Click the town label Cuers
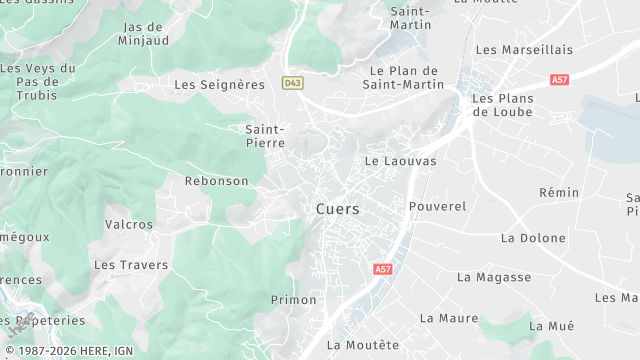tap(337, 209)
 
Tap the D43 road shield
tap(292, 83)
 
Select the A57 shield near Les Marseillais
tap(559, 79)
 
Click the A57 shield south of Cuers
tap(382, 270)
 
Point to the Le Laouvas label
tap(400, 160)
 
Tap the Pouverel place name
tap(438, 206)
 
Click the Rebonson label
tap(216, 181)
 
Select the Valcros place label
tap(130, 225)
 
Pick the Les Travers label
tap(131, 265)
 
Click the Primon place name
tap(293, 300)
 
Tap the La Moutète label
tap(363, 345)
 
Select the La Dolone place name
tap(533, 238)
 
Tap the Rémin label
tap(559, 192)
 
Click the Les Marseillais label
tap(524, 49)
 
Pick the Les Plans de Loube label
tap(502, 105)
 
